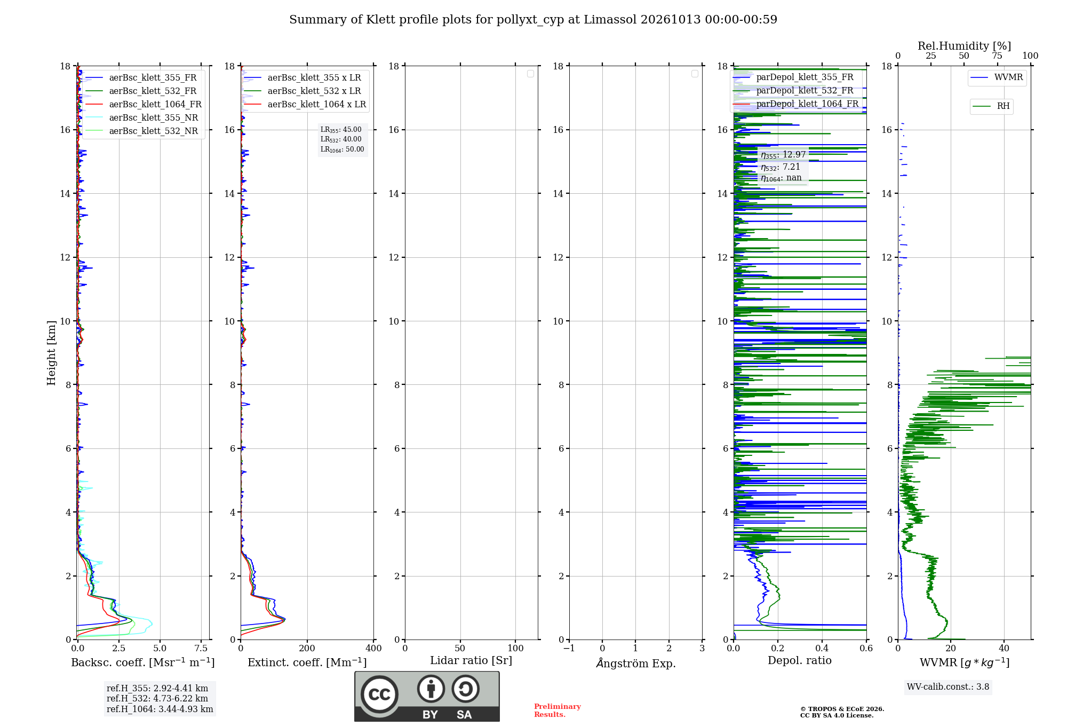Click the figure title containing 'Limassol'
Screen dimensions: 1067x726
point(533,20)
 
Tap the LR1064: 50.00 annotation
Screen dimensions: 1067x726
point(342,149)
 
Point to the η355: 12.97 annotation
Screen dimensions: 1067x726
point(783,155)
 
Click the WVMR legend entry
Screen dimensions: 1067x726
point(997,77)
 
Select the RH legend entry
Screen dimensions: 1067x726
point(991,106)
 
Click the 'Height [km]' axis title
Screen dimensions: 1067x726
point(51,353)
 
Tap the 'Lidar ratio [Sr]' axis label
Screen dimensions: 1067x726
point(471,661)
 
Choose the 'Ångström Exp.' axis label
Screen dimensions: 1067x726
point(636,663)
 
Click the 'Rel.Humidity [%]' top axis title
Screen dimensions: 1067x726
point(965,46)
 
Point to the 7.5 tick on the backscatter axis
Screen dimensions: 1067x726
point(201,648)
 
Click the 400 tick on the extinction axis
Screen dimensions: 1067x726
point(373,648)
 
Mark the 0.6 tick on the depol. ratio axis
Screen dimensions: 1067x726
point(866,648)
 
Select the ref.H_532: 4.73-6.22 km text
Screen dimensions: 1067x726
point(157,699)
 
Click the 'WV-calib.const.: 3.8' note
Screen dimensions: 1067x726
point(948,687)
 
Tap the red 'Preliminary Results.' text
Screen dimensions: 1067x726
point(558,711)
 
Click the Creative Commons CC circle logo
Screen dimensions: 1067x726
point(379,694)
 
